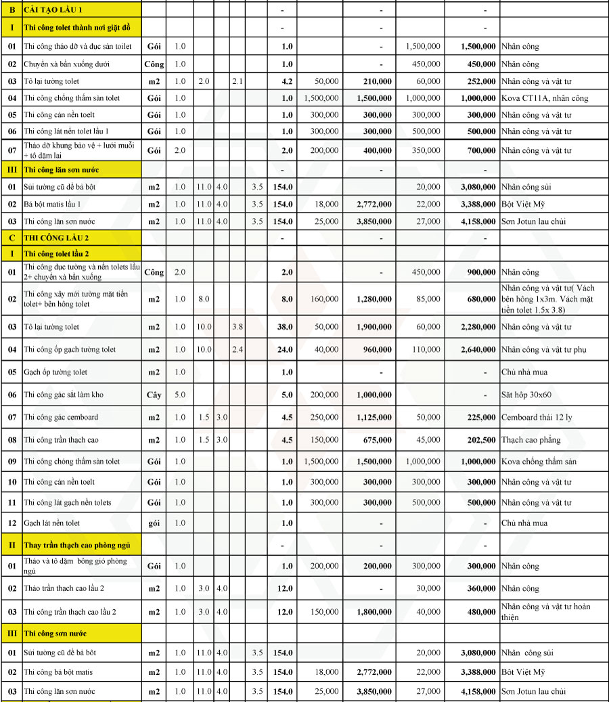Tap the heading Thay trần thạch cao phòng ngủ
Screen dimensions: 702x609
pyautogui.click(x=76, y=545)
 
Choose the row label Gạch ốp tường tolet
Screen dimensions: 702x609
pyautogui.click(x=55, y=372)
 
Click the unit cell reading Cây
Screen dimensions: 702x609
pyautogui.click(x=154, y=395)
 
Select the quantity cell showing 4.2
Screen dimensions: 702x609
pyautogui.click(x=286, y=81)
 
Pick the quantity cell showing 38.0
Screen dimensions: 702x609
pyautogui.click(x=286, y=327)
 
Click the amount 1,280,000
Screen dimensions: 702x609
pyautogui.click(x=374, y=299)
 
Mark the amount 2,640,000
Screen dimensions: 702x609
pyautogui.click(x=477, y=350)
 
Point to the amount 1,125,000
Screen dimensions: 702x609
pyautogui.click(x=374, y=418)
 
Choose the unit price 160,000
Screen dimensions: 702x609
pyautogui.click(x=322, y=299)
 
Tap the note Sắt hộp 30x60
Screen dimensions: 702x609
pyautogui.click(x=526, y=395)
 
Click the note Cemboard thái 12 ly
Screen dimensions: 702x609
pyautogui.click(x=536, y=418)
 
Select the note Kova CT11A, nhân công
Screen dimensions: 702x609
pyautogui.click(x=545, y=98)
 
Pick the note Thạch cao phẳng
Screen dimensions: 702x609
pyautogui.click(x=531, y=440)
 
